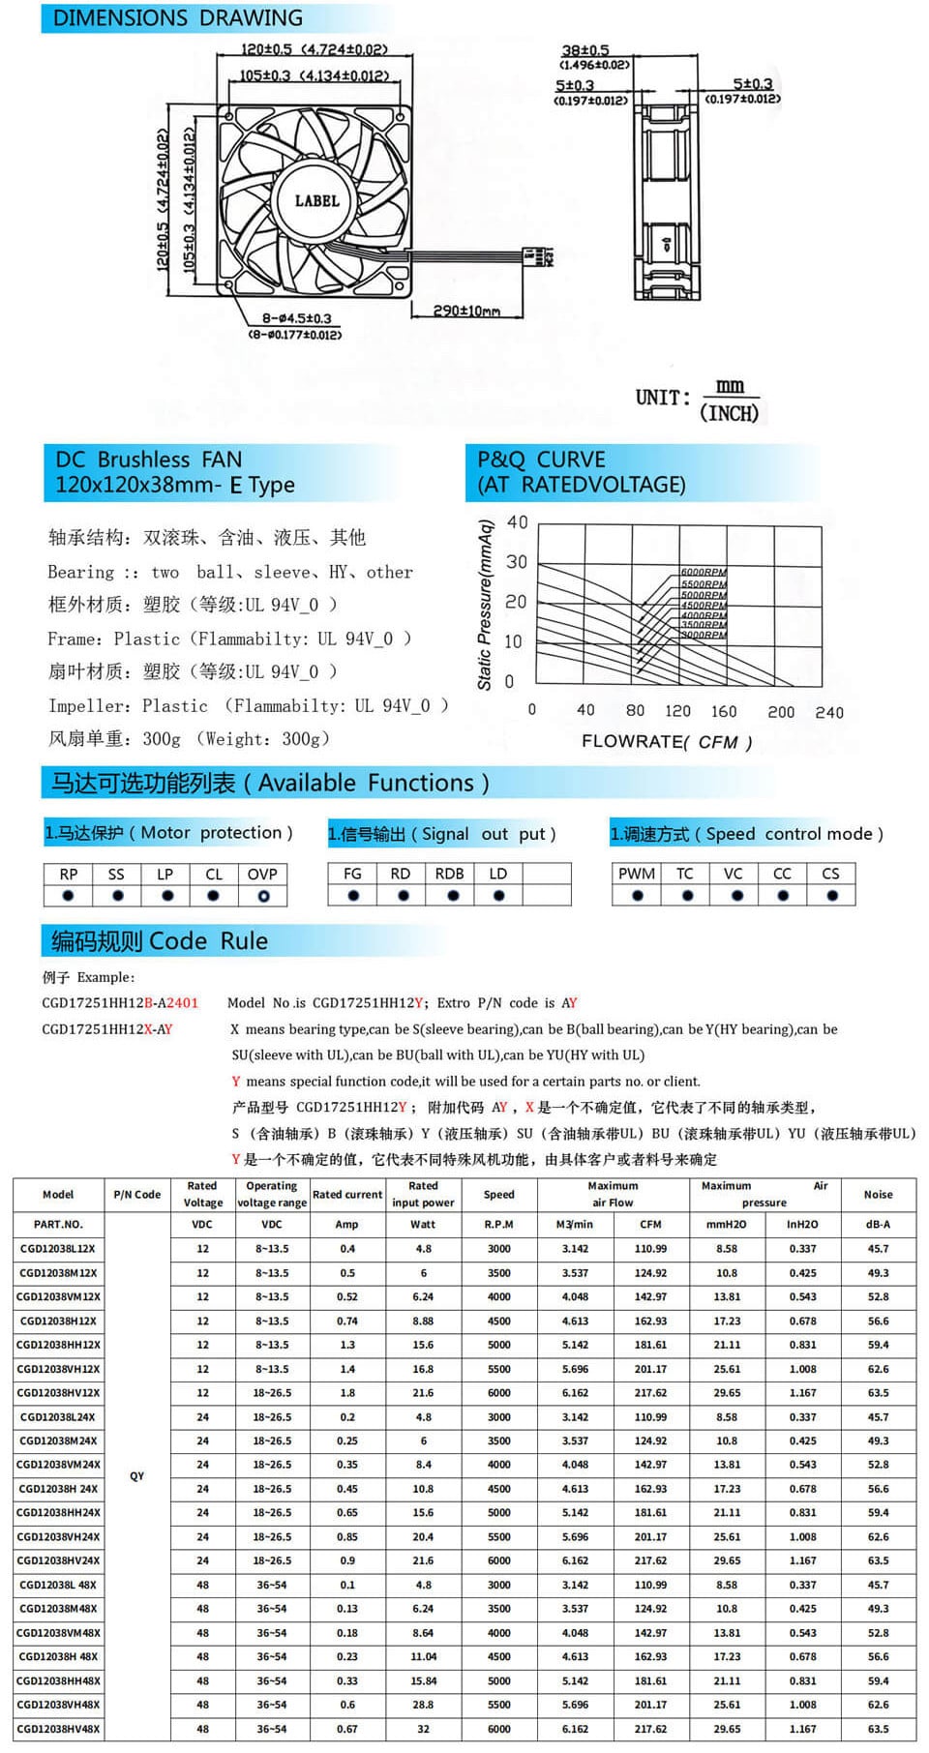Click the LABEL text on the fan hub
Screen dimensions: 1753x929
point(316,201)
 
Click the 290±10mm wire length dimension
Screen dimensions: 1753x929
point(466,311)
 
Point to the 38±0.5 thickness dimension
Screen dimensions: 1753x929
point(585,50)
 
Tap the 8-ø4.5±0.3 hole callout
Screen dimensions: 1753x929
point(296,318)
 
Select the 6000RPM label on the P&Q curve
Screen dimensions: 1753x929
point(704,573)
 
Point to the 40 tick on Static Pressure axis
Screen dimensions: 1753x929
point(518,522)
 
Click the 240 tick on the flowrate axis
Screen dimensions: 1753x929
point(829,712)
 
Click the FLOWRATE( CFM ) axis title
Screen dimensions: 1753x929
point(666,742)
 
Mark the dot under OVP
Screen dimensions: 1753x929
point(263,896)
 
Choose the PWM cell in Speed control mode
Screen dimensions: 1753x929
point(636,874)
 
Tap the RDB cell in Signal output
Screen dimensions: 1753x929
point(450,874)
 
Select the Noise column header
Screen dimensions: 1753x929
point(878,1195)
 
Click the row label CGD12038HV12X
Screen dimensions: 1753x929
point(58,1393)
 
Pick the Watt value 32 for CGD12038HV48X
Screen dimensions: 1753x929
point(423,1729)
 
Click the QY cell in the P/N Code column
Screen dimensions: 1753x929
point(136,1476)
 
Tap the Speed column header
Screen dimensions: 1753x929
point(498,1195)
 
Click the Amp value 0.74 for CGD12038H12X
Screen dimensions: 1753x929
point(347,1321)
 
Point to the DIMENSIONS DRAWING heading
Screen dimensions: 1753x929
point(177,18)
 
